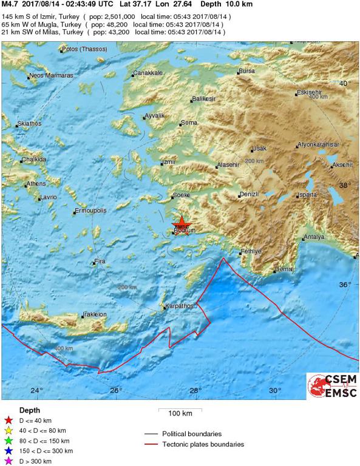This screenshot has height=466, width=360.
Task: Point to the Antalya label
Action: (x=313, y=237)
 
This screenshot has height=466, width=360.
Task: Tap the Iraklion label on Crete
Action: (x=95, y=314)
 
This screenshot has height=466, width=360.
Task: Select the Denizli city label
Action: (x=250, y=194)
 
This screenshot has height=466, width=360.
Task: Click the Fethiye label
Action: (x=251, y=251)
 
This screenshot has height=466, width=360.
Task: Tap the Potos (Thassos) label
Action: (x=81, y=49)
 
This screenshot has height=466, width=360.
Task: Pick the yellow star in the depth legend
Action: (x=8, y=430)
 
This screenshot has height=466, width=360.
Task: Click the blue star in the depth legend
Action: (x=8, y=451)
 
